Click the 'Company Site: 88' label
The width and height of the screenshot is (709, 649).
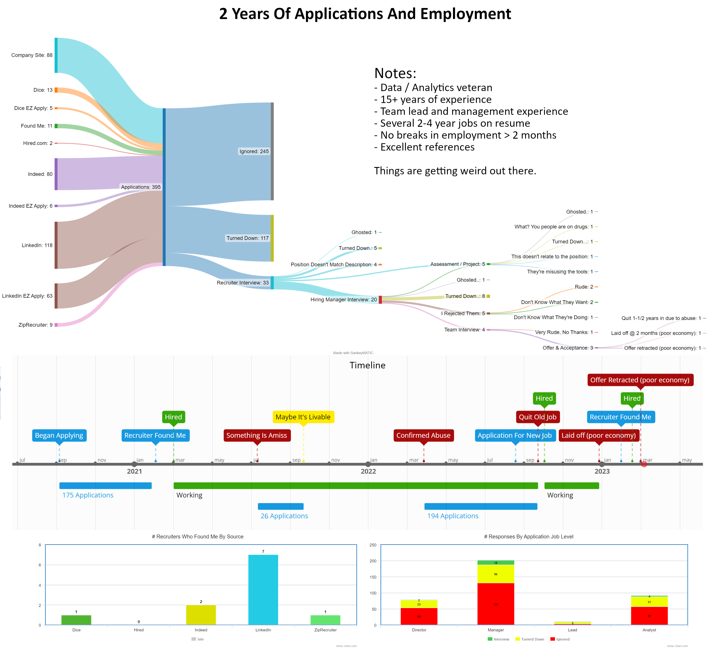point(32,55)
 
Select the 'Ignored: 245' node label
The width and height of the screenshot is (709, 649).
point(254,151)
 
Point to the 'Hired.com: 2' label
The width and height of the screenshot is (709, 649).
point(38,143)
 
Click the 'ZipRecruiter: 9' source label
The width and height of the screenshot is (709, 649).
point(35,325)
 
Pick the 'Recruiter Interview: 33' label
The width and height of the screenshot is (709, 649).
point(243,283)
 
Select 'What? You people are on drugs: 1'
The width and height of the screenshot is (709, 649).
point(553,227)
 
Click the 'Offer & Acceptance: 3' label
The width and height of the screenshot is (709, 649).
point(567,348)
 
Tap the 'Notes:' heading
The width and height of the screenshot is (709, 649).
point(395,73)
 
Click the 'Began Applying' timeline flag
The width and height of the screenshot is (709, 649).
point(59,435)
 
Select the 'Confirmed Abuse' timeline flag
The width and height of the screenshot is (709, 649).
point(423,435)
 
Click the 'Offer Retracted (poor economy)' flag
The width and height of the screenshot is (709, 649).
point(640,380)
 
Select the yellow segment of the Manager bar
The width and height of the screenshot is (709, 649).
point(496,574)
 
